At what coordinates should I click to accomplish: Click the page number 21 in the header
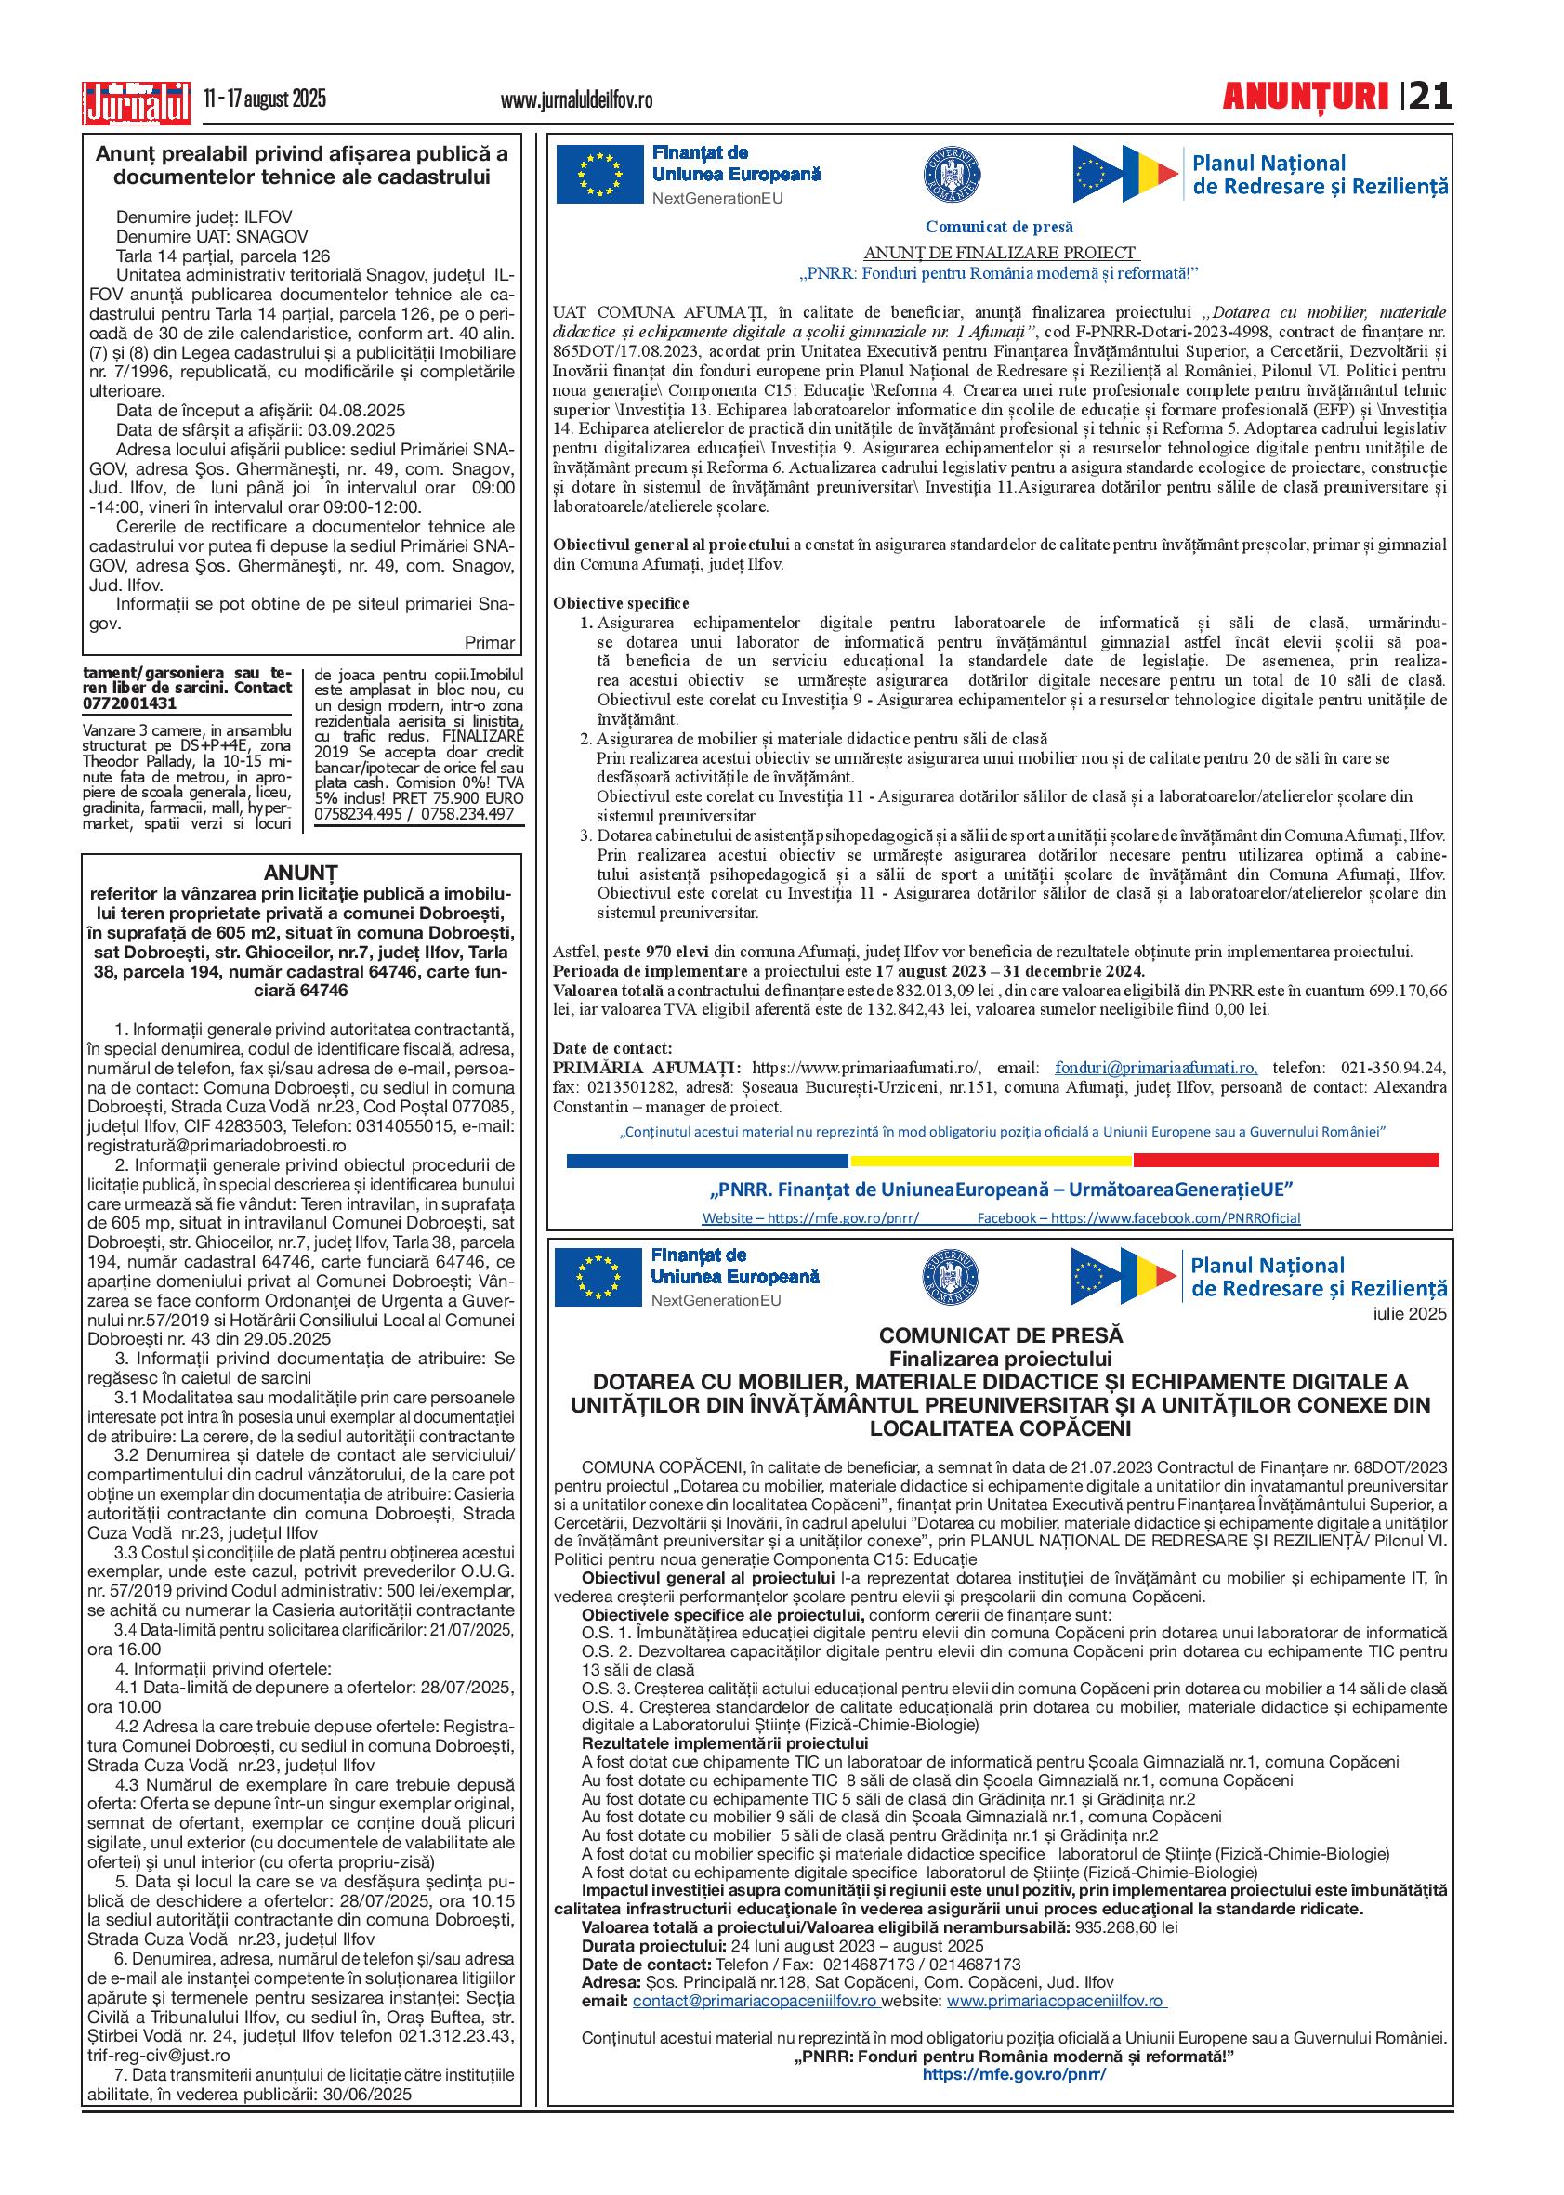[x=1430, y=98]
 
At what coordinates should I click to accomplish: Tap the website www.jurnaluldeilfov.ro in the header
[x=577, y=100]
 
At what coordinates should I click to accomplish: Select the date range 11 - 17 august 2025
[x=265, y=99]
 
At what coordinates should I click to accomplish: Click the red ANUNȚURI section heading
[x=1305, y=98]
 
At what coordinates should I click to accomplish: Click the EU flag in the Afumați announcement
[x=598, y=174]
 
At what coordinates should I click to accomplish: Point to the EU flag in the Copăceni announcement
[x=598, y=1277]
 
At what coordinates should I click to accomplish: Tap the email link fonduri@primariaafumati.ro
[x=1156, y=1068]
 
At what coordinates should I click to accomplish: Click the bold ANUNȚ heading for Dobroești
[x=301, y=873]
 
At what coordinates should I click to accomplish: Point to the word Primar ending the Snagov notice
[x=489, y=642]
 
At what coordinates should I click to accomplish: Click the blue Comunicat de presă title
[x=999, y=228]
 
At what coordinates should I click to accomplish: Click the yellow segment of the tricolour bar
[x=991, y=1161]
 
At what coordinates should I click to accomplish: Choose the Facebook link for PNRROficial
[x=1138, y=1218]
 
